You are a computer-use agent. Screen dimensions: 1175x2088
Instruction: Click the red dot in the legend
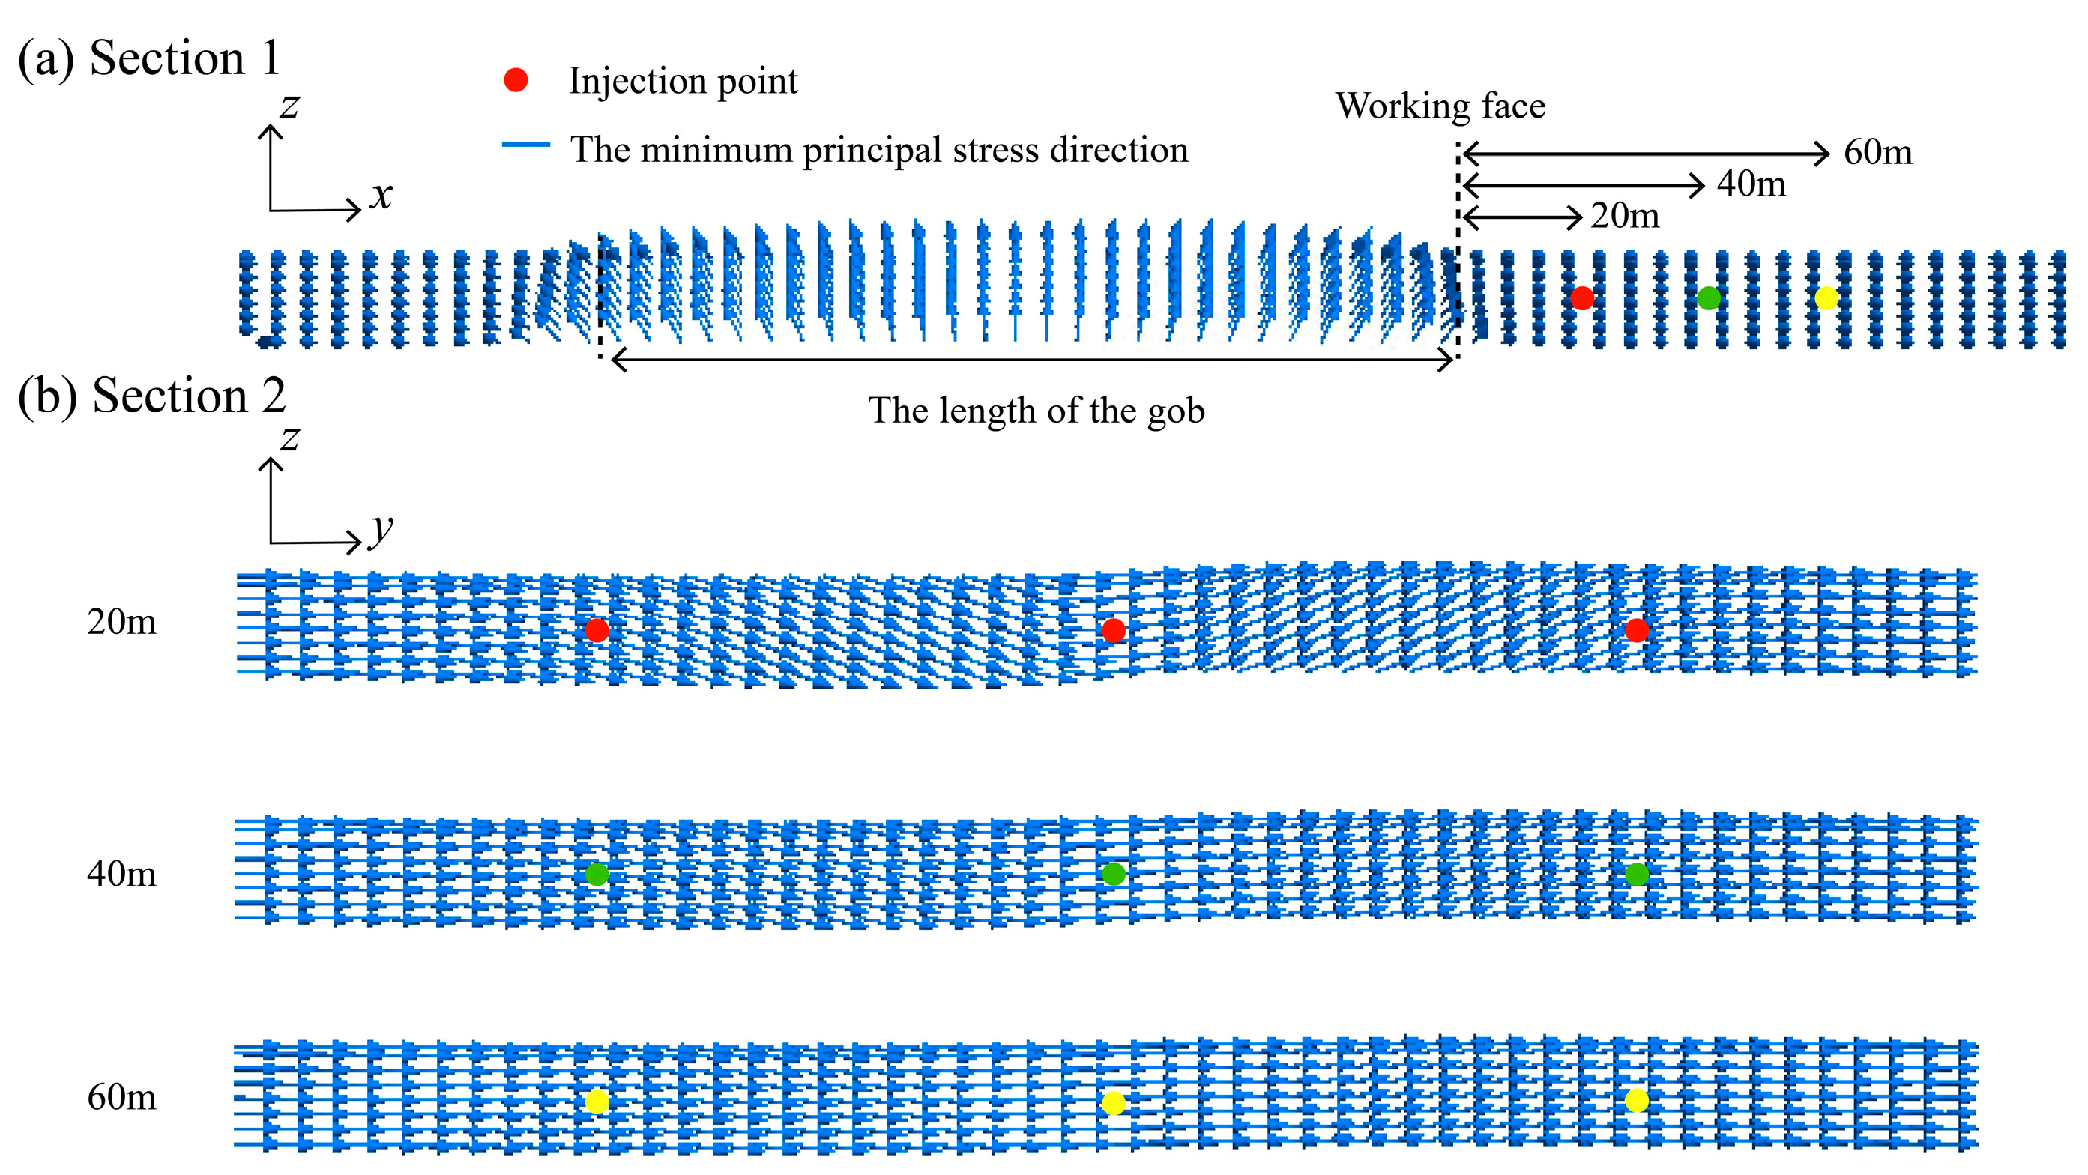pyautogui.click(x=516, y=80)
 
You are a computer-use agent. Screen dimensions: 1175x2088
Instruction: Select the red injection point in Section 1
pyautogui.click(x=1581, y=298)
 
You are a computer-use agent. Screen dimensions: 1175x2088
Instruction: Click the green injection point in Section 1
pyautogui.click(x=1709, y=298)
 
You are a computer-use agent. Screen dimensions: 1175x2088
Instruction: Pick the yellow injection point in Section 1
pyautogui.click(x=1826, y=298)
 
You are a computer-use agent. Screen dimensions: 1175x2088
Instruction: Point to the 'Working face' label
pyautogui.click(x=1440, y=106)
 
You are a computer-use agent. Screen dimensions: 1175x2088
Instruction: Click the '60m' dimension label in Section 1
pyautogui.click(x=1877, y=152)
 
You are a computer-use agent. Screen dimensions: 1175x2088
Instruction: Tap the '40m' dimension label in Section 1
pyautogui.click(x=1751, y=185)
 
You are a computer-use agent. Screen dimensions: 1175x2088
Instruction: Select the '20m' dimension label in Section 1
pyautogui.click(x=1624, y=217)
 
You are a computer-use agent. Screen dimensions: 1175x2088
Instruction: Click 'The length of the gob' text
pyautogui.click(x=1036, y=411)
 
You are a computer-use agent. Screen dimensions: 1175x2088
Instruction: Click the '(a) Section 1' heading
pyautogui.click(x=150, y=58)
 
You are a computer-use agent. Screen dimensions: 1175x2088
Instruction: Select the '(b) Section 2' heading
pyautogui.click(x=151, y=396)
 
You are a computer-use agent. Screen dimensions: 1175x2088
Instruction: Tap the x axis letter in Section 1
pyautogui.click(x=380, y=196)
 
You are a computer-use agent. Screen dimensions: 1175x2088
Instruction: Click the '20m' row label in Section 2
pyautogui.click(x=121, y=622)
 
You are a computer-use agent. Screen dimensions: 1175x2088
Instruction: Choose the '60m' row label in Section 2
pyautogui.click(x=121, y=1097)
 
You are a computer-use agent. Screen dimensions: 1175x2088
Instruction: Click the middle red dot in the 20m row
pyautogui.click(x=1113, y=630)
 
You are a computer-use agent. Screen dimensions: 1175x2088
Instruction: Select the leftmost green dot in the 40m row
pyautogui.click(x=597, y=875)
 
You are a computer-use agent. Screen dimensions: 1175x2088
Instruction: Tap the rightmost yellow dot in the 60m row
pyautogui.click(x=1637, y=1101)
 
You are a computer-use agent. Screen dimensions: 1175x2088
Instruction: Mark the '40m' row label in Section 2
pyautogui.click(x=121, y=875)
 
